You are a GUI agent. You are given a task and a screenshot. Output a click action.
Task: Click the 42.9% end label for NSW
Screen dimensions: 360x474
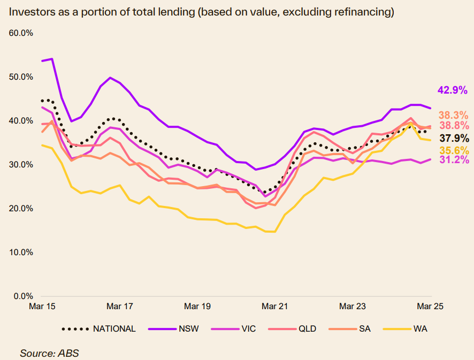(452, 90)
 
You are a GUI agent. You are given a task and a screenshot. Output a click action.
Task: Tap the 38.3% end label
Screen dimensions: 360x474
(453, 115)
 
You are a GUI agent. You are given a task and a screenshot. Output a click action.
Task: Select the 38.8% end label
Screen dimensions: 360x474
(453, 126)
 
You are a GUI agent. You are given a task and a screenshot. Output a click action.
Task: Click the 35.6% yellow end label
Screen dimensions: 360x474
(453, 150)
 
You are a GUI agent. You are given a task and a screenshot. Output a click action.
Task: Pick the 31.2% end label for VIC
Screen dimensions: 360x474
(453, 160)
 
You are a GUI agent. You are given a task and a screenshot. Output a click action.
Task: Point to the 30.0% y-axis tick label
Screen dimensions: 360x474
(21, 164)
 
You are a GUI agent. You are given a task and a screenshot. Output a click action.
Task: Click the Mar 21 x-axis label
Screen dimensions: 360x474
(275, 307)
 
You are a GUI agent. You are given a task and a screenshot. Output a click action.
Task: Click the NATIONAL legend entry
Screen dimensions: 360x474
(114, 328)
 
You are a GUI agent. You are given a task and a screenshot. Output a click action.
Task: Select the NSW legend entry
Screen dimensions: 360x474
(189, 328)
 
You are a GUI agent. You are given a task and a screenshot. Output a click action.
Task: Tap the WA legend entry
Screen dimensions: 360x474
(420, 328)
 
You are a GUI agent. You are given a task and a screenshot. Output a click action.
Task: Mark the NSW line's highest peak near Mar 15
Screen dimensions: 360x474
(51, 59)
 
